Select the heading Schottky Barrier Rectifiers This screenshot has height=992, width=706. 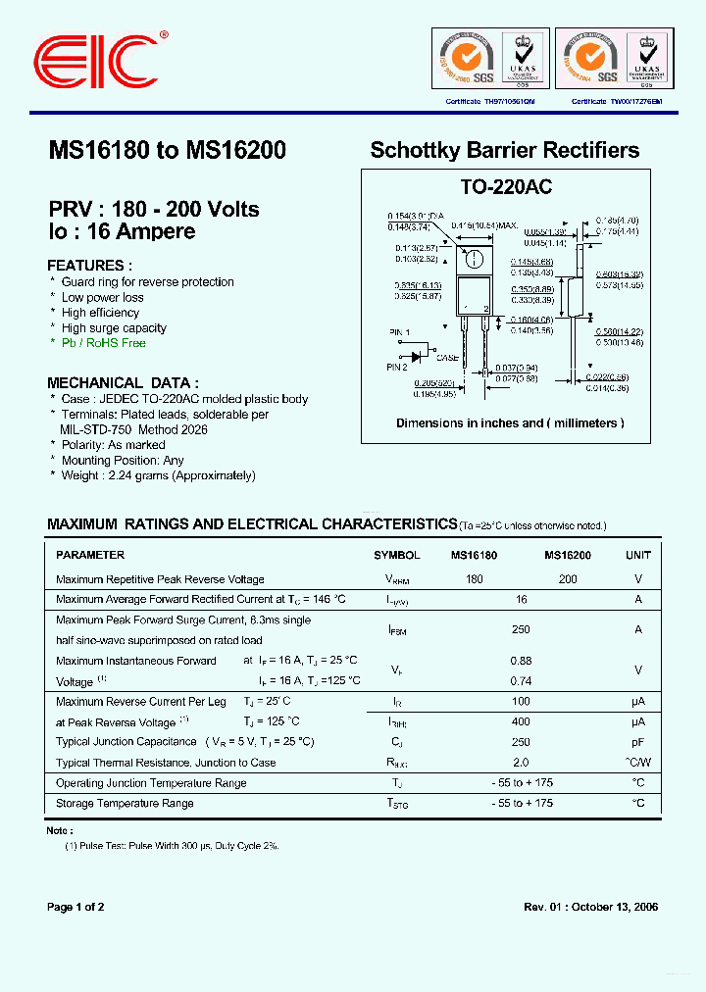[x=504, y=151]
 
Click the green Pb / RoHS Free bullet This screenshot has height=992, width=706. [x=103, y=343]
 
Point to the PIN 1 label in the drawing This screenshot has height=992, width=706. [x=399, y=333]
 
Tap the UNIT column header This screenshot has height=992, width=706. [x=637, y=555]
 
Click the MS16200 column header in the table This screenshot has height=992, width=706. [x=568, y=555]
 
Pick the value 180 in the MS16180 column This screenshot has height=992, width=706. [x=475, y=579]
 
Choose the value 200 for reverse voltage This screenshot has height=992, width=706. [x=568, y=579]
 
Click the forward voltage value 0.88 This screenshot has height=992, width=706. [x=521, y=661]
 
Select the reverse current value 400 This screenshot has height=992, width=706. [x=521, y=721]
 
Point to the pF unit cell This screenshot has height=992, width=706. [x=637, y=742]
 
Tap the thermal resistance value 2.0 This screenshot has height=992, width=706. [x=521, y=763]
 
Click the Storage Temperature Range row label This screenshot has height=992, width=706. [x=125, y=803]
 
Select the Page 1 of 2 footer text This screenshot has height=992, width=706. [x=76, y=907]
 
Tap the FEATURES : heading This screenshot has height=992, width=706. [x=90, y=266]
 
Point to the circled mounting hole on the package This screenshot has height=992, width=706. [x=473, y=260]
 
